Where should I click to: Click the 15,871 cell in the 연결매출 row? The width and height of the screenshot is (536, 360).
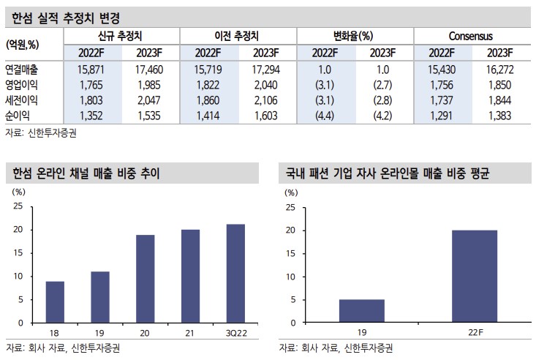coord(91,69)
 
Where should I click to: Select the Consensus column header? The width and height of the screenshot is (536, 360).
coord(471,35)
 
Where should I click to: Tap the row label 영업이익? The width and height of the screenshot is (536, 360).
coord(21,84)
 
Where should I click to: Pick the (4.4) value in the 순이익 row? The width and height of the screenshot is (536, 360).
coord(325,115)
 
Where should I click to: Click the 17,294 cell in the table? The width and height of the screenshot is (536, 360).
coord(268,69)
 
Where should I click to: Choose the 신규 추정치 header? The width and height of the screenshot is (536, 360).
coord(121,35)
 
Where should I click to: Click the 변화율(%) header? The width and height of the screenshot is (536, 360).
coord(354,35)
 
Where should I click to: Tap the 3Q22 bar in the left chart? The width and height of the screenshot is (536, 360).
coord(235,273)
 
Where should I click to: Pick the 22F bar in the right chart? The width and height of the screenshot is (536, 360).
coord(475,277)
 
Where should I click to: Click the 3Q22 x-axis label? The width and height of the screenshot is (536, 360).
coord(235,333)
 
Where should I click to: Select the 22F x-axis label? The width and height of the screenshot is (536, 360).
coord(475,333)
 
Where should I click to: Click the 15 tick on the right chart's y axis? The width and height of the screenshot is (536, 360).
coord(291,253)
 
